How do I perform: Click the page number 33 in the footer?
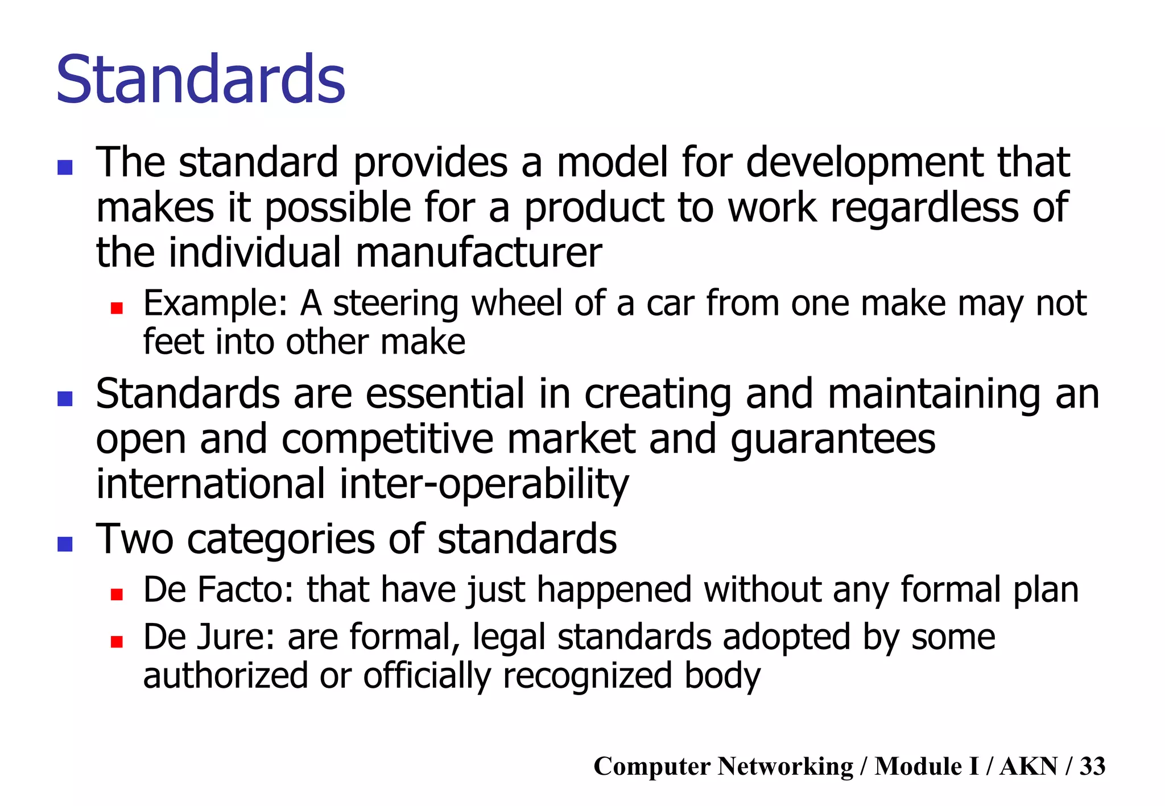(x=1092, y=766)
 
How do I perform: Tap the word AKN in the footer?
(x=1028, y=766)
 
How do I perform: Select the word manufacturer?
(x=478, y=252)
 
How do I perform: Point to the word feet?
(x=168, y=342)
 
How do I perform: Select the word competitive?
(x=387, y=439)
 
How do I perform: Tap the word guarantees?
(x=832, y=439)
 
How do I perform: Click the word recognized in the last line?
(x=587, y=676)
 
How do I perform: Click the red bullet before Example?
(x=117, y=308)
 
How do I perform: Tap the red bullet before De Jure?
(x=117, y=642)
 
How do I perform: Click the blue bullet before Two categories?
(x=65, y=544)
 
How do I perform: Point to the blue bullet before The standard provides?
(x=65, y=167)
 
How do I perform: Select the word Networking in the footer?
(x=784, y=766)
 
